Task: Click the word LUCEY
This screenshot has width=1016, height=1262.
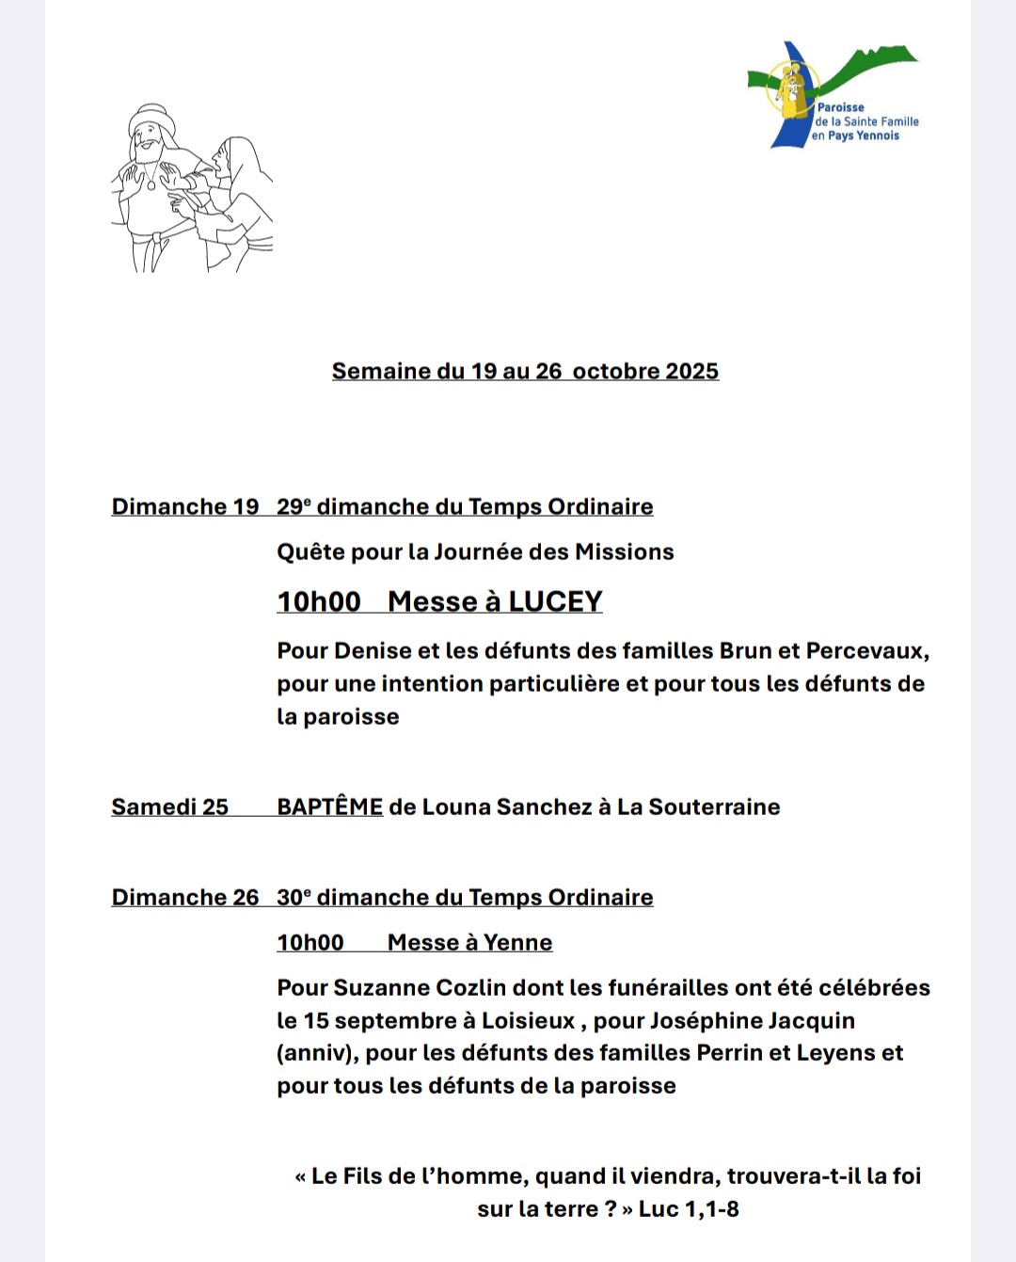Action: point(555,601)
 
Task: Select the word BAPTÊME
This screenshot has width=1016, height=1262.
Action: point(329,807)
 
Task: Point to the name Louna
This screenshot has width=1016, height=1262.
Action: point(456,807)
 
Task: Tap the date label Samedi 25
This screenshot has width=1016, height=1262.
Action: point(169,807)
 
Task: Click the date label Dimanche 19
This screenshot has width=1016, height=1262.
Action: point(184,506)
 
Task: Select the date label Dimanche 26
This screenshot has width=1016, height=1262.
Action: point(184,897)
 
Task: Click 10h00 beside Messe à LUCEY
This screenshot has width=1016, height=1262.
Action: point(318,601)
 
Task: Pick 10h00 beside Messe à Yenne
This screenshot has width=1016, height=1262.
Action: point(310,942)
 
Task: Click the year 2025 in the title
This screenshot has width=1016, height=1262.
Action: point(691,371)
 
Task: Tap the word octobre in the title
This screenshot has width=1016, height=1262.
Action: point(615,371)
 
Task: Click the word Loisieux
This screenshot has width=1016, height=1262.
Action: point(528,1020)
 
